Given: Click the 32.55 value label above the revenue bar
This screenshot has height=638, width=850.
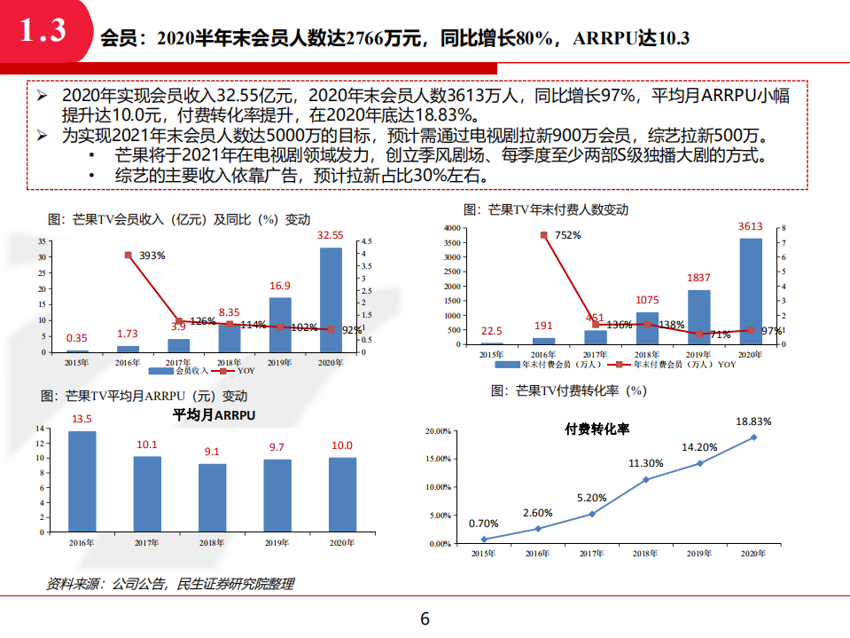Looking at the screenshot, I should (331, 236).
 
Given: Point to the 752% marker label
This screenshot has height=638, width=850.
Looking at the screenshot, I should (567, 235).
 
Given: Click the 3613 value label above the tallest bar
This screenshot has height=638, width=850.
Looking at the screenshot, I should (751, 226).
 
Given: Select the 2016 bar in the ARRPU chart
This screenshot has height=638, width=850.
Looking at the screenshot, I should (82, 481).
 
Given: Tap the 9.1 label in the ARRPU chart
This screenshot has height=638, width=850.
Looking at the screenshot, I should (212, 451).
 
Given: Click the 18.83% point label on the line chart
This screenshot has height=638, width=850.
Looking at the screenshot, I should (754, 421).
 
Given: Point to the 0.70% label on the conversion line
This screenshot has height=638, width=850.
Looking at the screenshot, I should (484, 523).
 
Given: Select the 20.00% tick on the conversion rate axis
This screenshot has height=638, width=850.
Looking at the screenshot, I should (438, 431).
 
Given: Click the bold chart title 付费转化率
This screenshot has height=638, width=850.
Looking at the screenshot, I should (597, 429).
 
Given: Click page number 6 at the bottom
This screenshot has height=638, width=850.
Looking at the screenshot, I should (425, 619).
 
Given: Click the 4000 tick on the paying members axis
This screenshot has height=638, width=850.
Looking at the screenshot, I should (451, 228).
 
